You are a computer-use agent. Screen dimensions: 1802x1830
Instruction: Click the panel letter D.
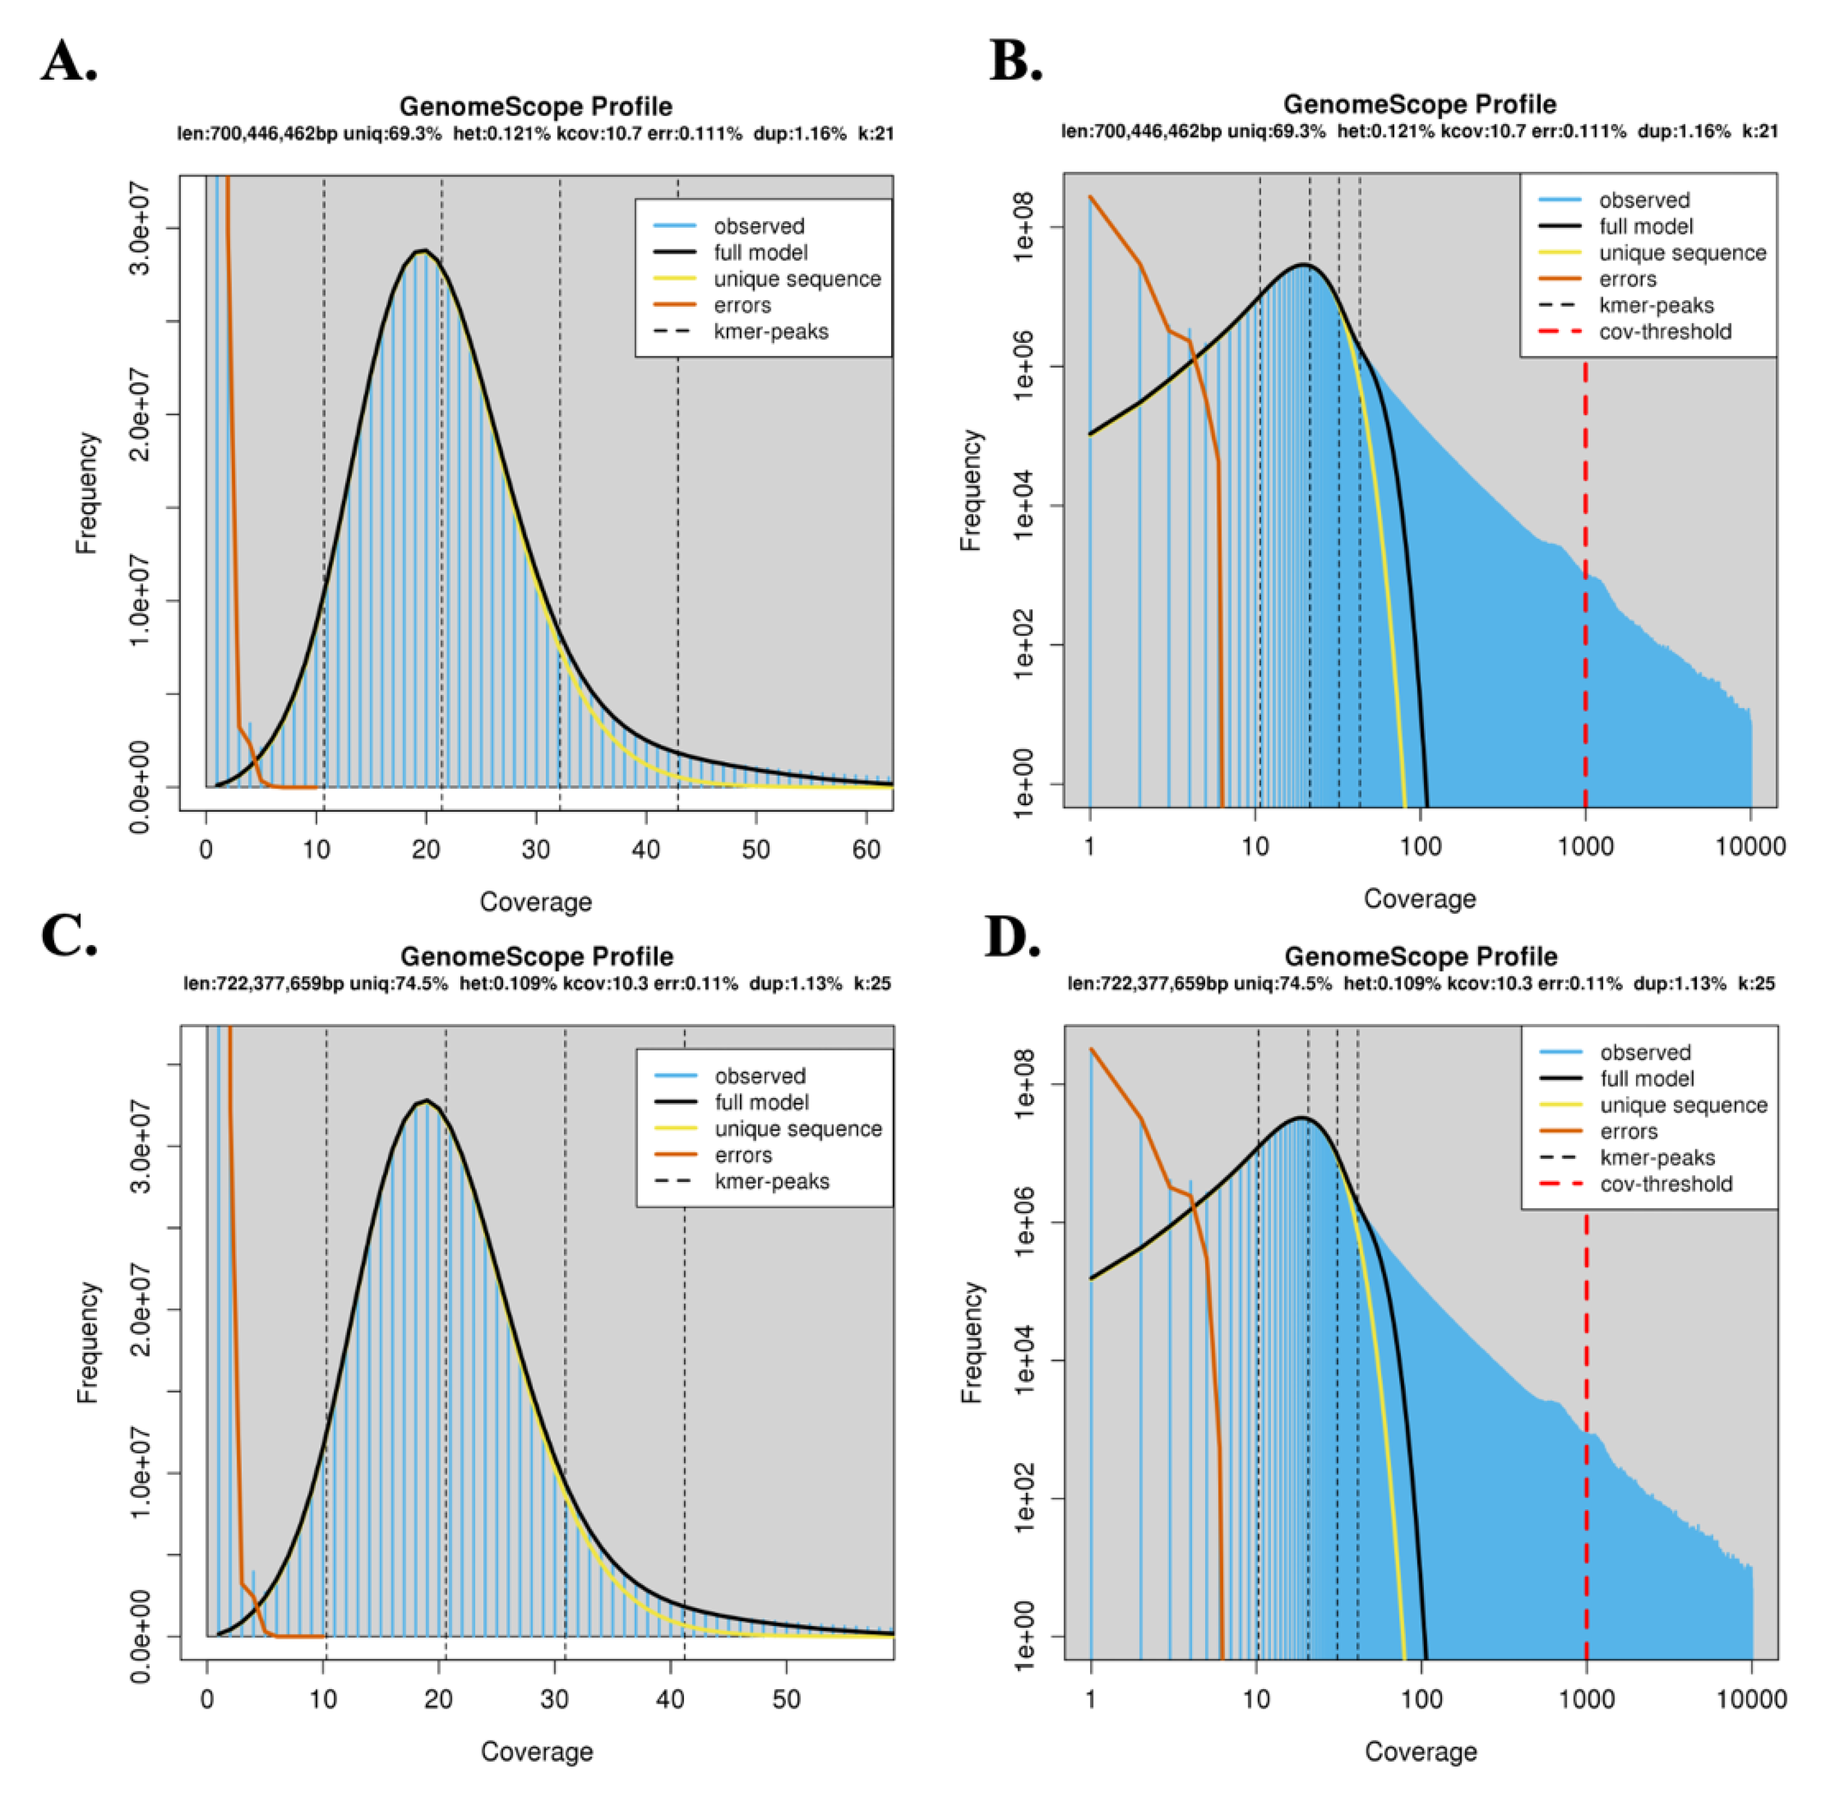[1012, 937]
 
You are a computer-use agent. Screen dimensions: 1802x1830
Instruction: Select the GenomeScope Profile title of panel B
[1418, 104]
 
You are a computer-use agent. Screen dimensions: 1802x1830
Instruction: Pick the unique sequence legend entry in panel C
[798, 1128]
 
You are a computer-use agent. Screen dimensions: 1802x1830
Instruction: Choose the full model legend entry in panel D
[1646, 1078]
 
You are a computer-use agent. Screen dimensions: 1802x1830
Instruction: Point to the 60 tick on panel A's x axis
[866, 849]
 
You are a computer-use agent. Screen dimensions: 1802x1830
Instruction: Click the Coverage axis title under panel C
[536, 1751]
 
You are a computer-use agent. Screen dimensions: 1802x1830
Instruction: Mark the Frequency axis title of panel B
[971, 490]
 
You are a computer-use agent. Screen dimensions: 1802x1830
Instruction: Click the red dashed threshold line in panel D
[1586, 1420]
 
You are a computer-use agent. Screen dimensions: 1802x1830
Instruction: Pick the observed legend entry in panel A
[758, 226]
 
